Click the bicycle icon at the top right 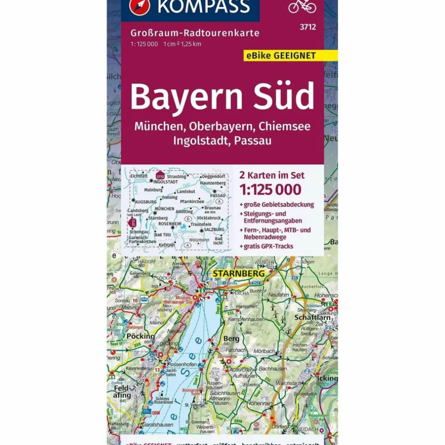(302, 6)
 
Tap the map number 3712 (308, 27)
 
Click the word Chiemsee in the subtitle (287, 126)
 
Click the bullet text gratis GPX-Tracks (268, 246)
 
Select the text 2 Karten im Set (271, 175)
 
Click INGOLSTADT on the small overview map (166, 181)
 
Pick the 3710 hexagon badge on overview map (159, 176)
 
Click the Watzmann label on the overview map (199, 240)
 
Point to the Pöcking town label (141, 336)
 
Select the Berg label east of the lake (231, 338)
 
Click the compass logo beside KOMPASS (138, 6)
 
